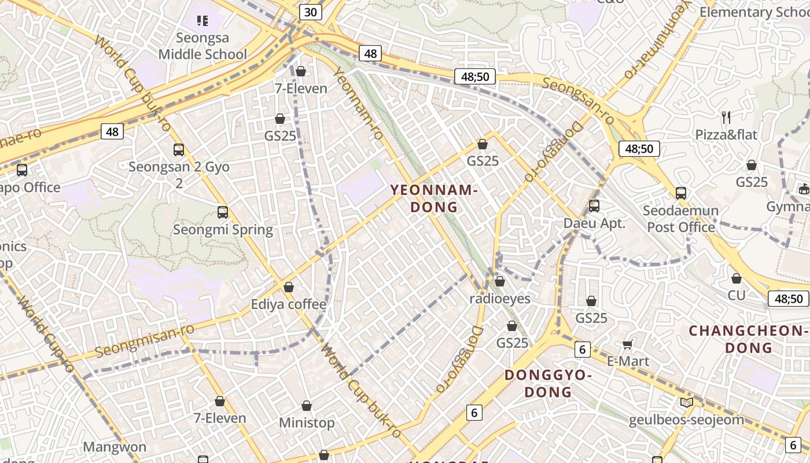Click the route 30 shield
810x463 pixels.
pyautogui.click(x=311, y=12)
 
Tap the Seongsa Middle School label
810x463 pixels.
pyautogui.click(x=203, y=46)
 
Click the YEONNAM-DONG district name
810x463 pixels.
pyautogui.click(x=433, y=199)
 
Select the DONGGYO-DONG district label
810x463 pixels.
pyautogui.click(x=548, y=383)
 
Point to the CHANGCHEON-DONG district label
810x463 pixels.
pyautogui.click(x=749, y=339)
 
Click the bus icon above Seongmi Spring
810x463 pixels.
pyautogui.click(x=223, y=212)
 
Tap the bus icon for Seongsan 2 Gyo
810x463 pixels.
pyautogui.click(x=179, y=150)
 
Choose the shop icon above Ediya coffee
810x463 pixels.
pyautogui.click(x=289, y=287)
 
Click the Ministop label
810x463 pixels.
pyautogui.click(x=307, y=423)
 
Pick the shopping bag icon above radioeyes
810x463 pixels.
pyautogui.click(x=500, y=281)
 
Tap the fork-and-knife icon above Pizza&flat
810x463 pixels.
pyautogui.click(x=726, y=117)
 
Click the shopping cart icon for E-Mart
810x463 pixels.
pyautogui.click(x=627, y=345)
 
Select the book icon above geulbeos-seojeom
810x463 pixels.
pyautogui.click(x=686, y=403)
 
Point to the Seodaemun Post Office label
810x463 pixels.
pyautogui.click(x=681, y=219)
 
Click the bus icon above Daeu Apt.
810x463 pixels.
pyautogui.click(x=594, y=205)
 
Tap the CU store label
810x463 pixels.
pyautogui.click(x=737, y=296)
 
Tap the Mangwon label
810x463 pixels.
pyautogui.click(x=115, y=447)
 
